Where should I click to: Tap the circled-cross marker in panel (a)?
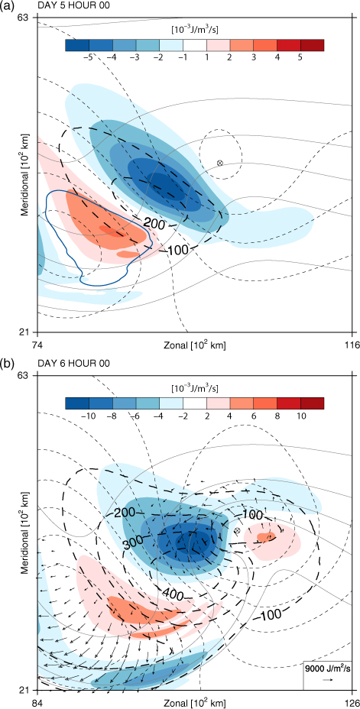coord(220,163)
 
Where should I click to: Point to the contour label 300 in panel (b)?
coord(132,532)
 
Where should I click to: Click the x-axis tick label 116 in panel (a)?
coord(352,345)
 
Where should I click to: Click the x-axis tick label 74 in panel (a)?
coord(37,345)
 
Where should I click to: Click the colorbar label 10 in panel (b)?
coord(301,416)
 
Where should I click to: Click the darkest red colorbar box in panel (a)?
coord(313,45)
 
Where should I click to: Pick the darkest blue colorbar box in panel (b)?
coord(77,403)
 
